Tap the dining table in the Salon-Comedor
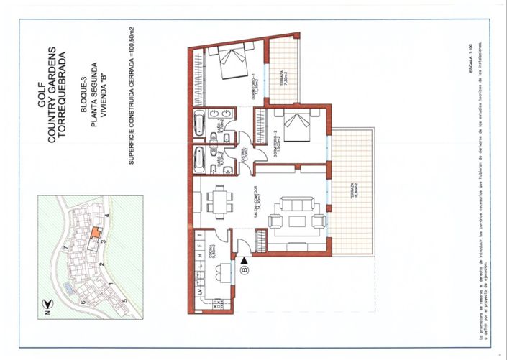219,199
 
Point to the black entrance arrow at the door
245,260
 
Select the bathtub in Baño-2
199,160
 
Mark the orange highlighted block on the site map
93,234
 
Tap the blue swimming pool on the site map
67,287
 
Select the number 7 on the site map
66,248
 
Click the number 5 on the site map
124,298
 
